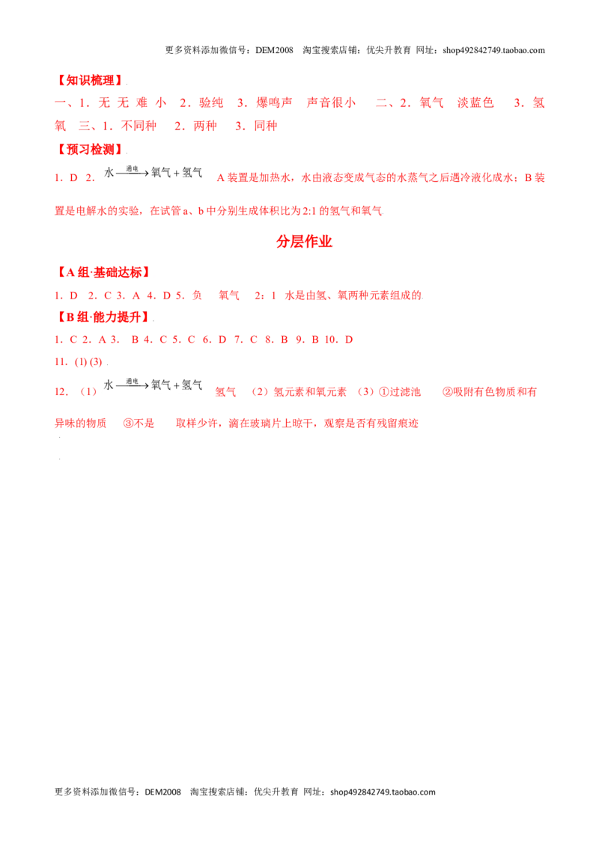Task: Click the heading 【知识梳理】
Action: point(90,81)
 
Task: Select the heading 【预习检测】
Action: point(90,149)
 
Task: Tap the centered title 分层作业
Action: point(304,242)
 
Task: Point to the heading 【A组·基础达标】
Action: point(103,272)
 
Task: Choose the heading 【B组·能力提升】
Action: point(103,317)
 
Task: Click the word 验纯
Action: point(211,103)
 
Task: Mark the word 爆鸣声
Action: point(274,103)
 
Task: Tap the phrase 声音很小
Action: point(331,103)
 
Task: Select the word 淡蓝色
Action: point(475,103)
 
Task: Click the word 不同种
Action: point(139,126)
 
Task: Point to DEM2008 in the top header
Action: point(274,50)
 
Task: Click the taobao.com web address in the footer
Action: point(383,792)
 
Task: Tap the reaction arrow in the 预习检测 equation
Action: point(132,174)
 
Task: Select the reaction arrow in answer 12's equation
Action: point(132,385)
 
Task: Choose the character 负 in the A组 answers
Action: point(198,295)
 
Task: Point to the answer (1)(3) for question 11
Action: point(88,362)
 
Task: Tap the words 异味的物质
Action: point(81,423)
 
